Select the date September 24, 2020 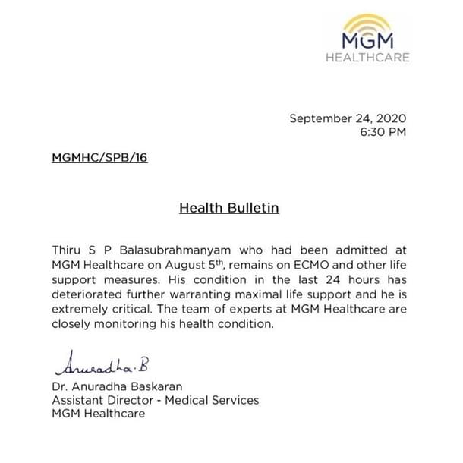point(348,118)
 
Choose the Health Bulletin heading point(229,207)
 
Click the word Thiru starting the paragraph point(68,249)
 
